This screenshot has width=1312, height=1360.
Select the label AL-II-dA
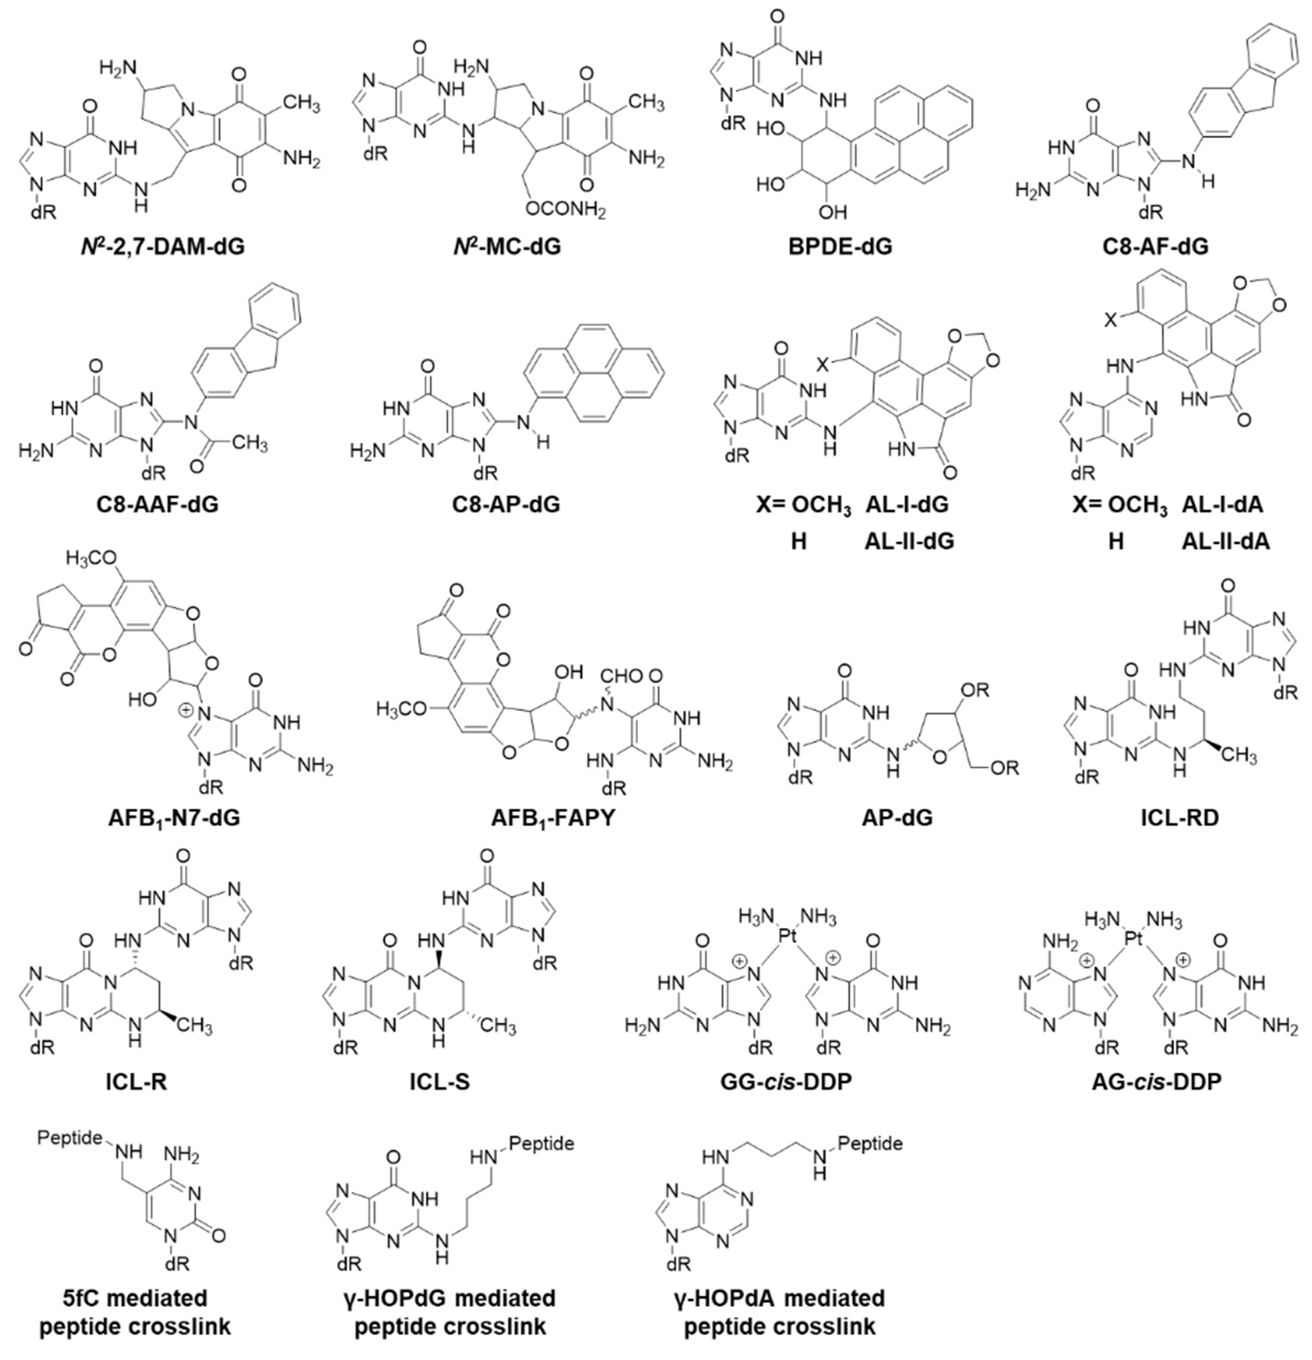click(x=1226, y=541)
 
